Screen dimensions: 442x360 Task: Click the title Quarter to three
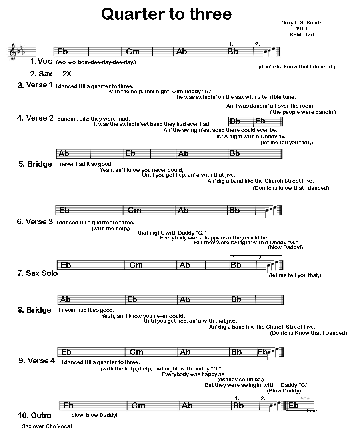pyautogui.click(x=166, y=14)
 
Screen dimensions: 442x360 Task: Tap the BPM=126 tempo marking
pyautogui.click(x=302, y=35)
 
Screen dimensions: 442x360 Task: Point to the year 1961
pyautogui.click(x=301, y=28)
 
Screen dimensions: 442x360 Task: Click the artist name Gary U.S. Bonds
pyautogui.click(x=302, y=22)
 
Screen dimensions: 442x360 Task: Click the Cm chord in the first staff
pyautogui.click(x=133, y=52)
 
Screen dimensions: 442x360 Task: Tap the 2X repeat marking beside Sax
pyautogui.click(x=67, y=74)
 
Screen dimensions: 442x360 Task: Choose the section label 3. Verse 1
pyautogui.click(x=35, y=85)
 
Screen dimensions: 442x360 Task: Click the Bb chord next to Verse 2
pyautogui.click(x=235, y=121)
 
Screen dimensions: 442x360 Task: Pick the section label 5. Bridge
pyautogui.click(x=35, y=164)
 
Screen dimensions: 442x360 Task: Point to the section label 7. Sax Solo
pyautogui.click(x=37, y=273)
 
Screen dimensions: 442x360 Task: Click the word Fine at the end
pyautogui.click(x=312, y=411)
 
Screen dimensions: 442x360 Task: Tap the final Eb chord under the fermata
pyautogui.click(x=294, y=406)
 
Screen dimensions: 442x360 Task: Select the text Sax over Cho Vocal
pyautogui.click(x=47, y=426)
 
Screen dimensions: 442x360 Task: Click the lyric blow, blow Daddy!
pyautogui.click(x=94, y=415)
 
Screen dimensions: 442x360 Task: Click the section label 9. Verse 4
pyautogui.click(x=36, y=361)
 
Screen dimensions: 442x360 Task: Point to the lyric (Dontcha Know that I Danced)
pyautogui.click(x=308, y=333)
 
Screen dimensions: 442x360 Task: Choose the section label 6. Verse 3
pyautogui.click(x=35, y=222)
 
